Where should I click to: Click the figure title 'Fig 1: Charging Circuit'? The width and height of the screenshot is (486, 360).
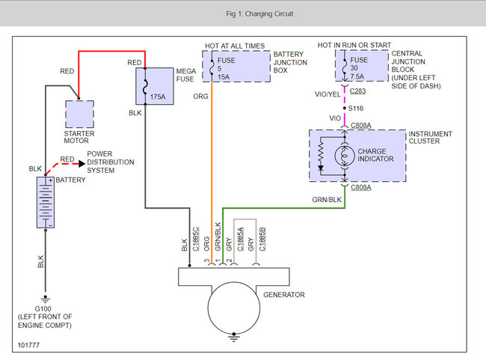pyautogui.click(x=259, y=13)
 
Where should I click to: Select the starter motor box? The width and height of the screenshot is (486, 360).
pyautogui.click(x=80, y=114)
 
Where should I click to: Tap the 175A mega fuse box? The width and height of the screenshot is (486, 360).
pyautogui.click(x=155, y=86)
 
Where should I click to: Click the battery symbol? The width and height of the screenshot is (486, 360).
pyautogui.click(x=46, y=202)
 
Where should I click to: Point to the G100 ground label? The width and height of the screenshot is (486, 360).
pyautogui.click(x=43, y=309)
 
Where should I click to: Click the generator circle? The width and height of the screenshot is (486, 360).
pyautogui.click(x=234, y=308)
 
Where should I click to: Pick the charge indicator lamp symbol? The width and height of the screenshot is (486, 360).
pyautogui.click(x=345, y=155)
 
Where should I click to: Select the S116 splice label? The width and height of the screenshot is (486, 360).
pyautogui.click(x=356, y=109)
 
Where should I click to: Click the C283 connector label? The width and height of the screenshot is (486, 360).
pyautogui.click(x=357, y=91)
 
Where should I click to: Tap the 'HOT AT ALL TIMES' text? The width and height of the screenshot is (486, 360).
pyautogui.click(x=235, y=46)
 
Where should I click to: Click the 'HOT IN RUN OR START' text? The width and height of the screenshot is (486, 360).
pyautogui.click(x=354, y=46)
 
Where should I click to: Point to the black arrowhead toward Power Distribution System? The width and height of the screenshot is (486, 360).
pyautogui.click(x=81, y=164)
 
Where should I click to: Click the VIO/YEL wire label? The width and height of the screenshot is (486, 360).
pyautogui.click(x=327, y=94)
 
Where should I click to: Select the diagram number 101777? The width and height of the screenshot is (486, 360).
pyautogui.click(x=28, y=345)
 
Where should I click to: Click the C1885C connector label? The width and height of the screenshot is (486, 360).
pyautogui.click(x=196, y=239)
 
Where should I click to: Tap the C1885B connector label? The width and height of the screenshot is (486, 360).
pyautogui.click(x=262, y=239)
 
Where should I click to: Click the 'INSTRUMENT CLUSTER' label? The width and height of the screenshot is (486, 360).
pyautogui.click(x=430, y=138)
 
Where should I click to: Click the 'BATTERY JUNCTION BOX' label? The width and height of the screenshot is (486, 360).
pyautogui.click(x=290, y=62)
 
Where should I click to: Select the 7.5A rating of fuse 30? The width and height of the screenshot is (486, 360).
pyautogui.click(x=357, y=76)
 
